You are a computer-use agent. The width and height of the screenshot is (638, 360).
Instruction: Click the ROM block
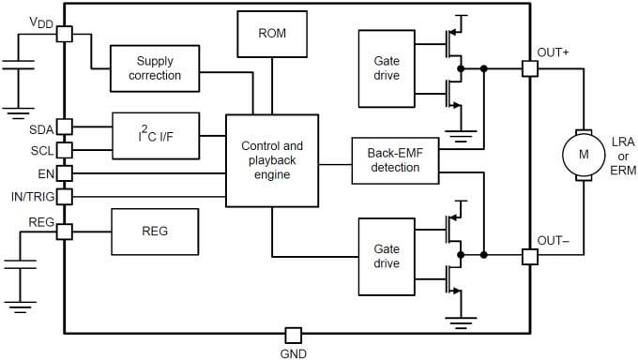[x=272, y=34]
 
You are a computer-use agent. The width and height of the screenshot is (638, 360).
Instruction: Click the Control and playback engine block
[x=272, y=160]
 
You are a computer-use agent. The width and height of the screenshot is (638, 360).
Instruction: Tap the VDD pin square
[x=64, y=34]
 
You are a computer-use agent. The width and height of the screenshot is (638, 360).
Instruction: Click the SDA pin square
[x=64, y=127]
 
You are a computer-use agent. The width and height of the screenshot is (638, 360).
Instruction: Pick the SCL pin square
[x=64, y=149]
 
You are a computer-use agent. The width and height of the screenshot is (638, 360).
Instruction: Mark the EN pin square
[x=64, y=172]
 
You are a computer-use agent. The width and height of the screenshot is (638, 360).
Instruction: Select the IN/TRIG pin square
[x=64, y=197]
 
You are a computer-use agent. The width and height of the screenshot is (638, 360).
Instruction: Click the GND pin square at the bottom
[x=293, y=335]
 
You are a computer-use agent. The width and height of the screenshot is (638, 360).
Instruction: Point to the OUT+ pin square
[x=529, y=68]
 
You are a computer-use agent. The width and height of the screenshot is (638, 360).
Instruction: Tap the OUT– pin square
[x=529, y=256]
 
